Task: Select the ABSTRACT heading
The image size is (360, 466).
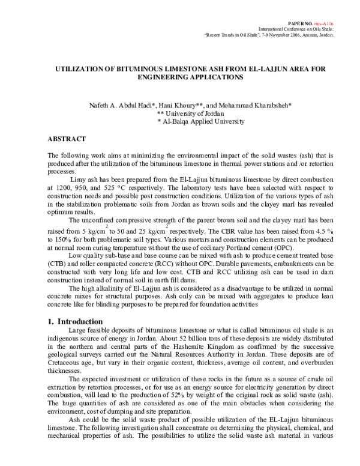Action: point(67,139)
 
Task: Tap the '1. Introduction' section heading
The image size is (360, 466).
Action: point(79,322)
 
